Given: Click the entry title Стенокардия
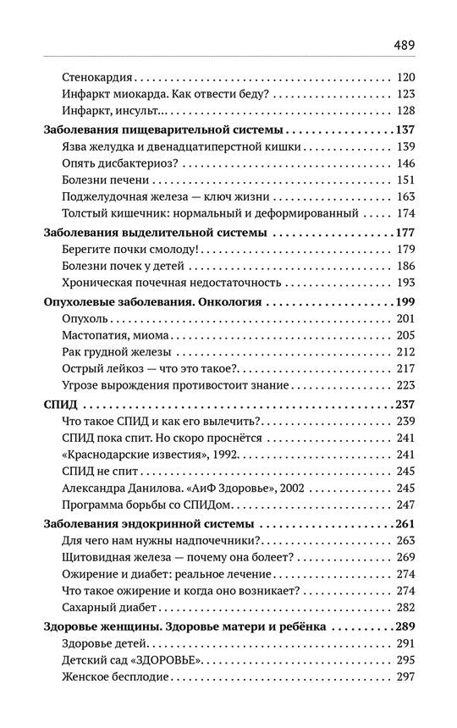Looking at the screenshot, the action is (x=102, y=78).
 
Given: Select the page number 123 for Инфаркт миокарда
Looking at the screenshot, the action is (x=404, y=95).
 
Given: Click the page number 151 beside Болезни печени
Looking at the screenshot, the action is (x=404, y=180).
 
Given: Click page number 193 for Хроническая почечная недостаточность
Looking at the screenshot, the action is (x=404, y=283).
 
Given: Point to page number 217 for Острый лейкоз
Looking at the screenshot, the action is (x=404, y=369).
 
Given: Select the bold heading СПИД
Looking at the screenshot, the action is (x=58, y=405).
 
